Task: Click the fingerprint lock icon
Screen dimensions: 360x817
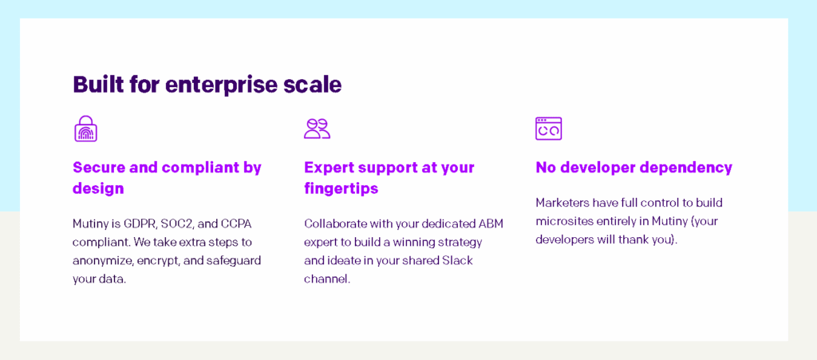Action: point(85,129)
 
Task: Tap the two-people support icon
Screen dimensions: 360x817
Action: point(317,129)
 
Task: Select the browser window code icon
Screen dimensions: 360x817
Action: point(548,129)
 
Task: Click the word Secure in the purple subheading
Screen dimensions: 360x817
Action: point(100,168)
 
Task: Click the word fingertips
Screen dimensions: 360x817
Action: point(341,189)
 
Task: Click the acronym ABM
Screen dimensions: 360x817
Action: point(488,224)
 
